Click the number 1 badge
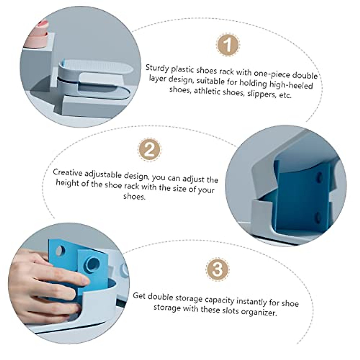pos(228,45)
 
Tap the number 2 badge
pos(149,150)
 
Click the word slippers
pos(262,94)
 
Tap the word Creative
pos(67,172)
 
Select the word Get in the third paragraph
pos(139,296)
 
